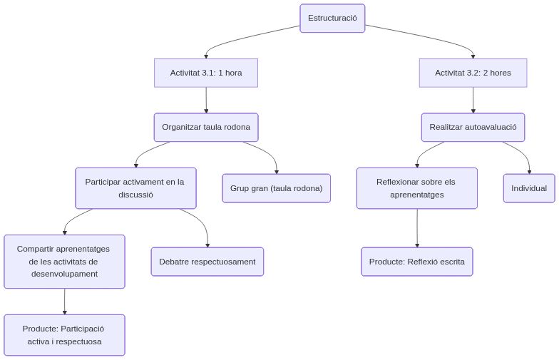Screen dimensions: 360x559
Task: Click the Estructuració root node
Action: point(332,18)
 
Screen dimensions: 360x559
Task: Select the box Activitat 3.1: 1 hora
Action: point(206,73)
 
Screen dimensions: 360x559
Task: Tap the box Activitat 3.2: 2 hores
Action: point(473,73)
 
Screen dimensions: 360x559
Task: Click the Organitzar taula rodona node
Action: point(206,128)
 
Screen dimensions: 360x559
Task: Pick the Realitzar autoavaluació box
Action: point(473,128)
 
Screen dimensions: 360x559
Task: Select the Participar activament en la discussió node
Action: point(135,188)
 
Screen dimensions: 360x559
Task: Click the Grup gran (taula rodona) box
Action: point(276,188)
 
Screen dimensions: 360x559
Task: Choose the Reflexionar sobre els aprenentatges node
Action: point(416,188)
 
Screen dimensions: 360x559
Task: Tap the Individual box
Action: point(529,188)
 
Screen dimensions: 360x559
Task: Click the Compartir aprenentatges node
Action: point(64,262)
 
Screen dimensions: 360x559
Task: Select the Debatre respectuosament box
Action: point(207,262)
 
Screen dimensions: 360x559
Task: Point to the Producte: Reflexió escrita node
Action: point(416,262)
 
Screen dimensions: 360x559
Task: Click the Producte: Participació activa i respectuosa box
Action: point(64,335)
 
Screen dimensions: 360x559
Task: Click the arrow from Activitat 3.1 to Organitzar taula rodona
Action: point(206,100)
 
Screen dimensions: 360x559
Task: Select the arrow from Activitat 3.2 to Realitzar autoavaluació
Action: point(473,100)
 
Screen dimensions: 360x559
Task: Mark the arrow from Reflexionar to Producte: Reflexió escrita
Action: point(417,228)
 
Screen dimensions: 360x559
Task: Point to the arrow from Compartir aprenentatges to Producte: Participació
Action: point(64,301)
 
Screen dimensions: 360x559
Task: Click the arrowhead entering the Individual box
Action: point(529,171)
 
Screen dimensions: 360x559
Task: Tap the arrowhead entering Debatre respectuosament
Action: point(207,245)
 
